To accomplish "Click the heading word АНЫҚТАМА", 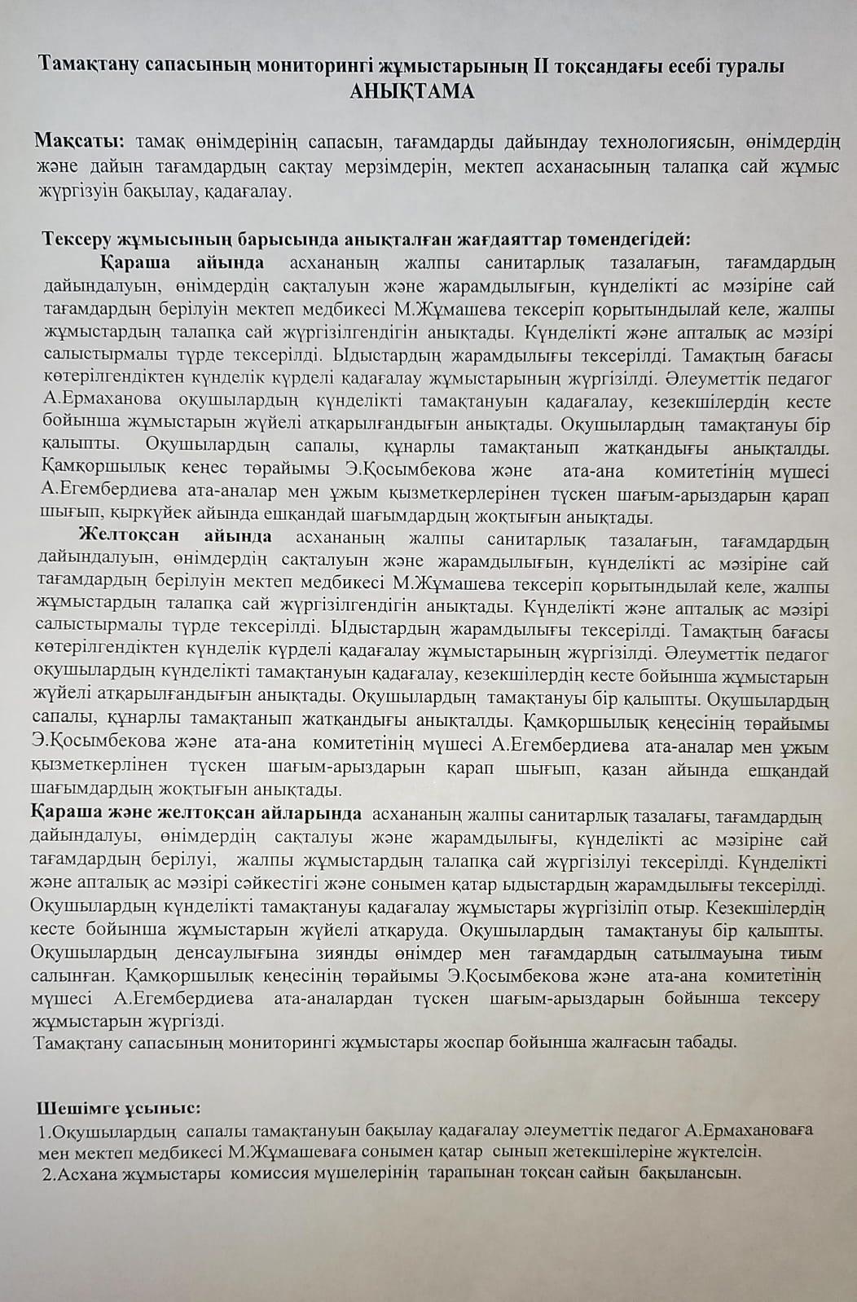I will coord(411,91).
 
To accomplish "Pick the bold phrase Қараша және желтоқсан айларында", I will coord(196,814).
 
